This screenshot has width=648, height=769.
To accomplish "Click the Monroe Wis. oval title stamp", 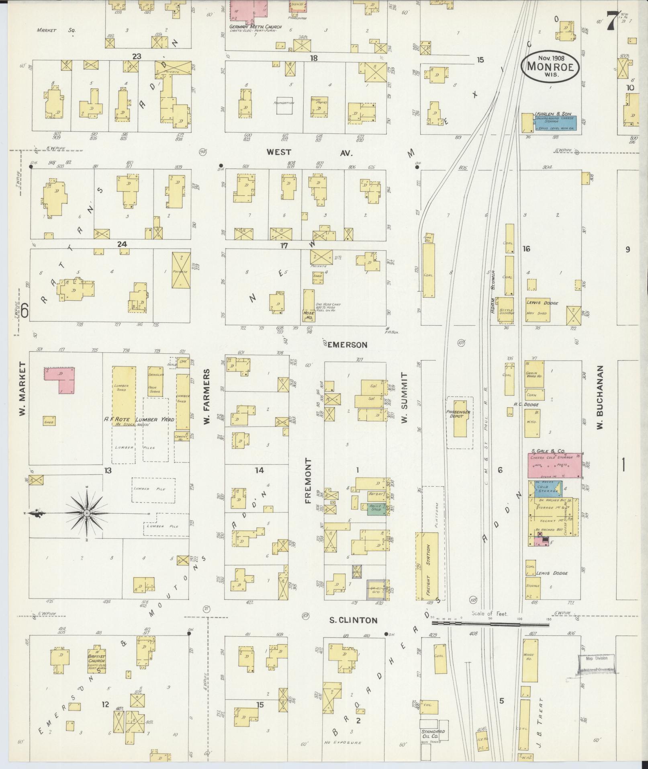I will (550, 66).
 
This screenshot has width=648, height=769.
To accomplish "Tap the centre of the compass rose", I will (87, 514).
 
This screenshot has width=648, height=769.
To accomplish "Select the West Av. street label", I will (309, 152).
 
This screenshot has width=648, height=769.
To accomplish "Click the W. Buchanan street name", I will (600, 397).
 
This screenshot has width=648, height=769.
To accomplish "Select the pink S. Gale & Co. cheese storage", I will (554, 466).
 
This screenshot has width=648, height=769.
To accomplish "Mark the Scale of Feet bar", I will (490, 635).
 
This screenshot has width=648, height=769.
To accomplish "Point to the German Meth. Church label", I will (255, 27).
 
